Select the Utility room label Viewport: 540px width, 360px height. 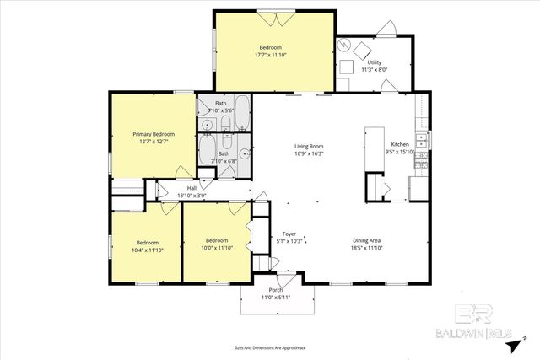(x=374, y=62)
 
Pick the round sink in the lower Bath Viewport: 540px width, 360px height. (x=244, y=153)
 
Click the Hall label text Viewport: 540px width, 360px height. (x=192, y=188)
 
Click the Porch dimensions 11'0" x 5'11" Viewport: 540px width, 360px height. (x=275, y=298)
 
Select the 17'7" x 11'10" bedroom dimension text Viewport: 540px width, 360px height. (x=270, y=54)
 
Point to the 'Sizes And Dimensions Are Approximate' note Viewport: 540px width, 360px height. (x=270, y=347)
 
